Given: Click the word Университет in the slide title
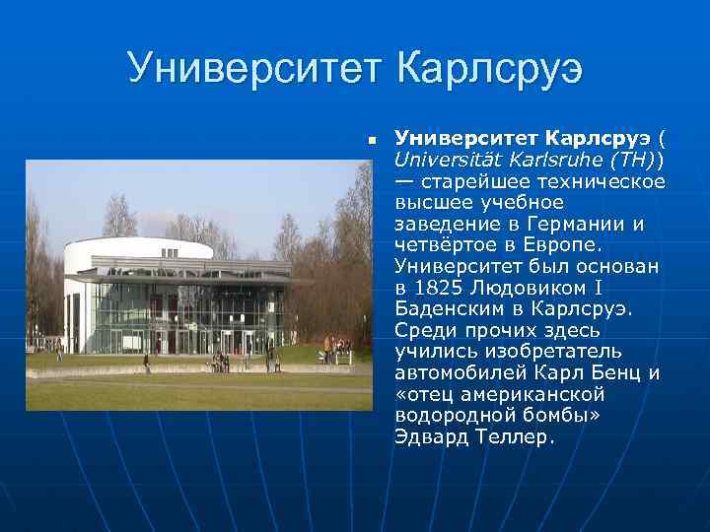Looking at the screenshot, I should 254,69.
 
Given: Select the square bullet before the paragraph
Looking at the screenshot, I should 373,141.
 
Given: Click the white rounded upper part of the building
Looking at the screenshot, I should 138,254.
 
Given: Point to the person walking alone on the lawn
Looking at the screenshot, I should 147,363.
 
